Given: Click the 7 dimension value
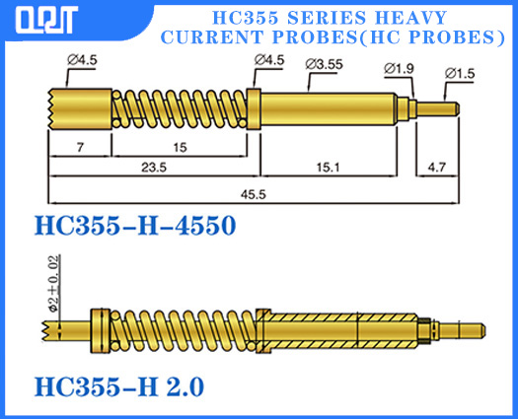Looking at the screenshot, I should point(79,147).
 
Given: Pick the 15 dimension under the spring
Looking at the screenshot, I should point(179,147).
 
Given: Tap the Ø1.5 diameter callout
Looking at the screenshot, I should point(461,74).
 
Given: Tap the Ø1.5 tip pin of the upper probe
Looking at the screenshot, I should point(438,107).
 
